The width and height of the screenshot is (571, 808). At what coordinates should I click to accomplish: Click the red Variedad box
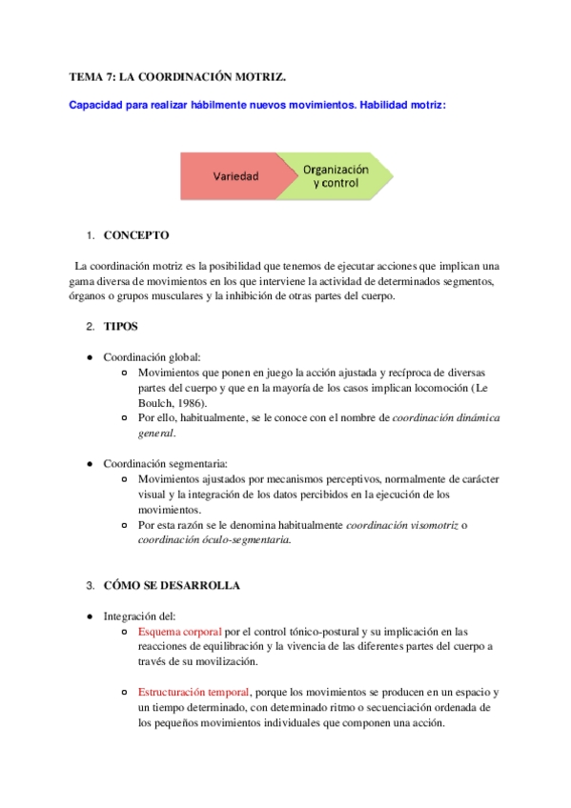pos(233,175)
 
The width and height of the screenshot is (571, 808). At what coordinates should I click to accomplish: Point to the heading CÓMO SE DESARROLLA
pos(172,585)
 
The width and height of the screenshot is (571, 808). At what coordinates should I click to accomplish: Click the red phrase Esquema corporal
pos(179,632)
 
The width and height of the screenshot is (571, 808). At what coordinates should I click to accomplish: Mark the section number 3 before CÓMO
pos(89,585)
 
